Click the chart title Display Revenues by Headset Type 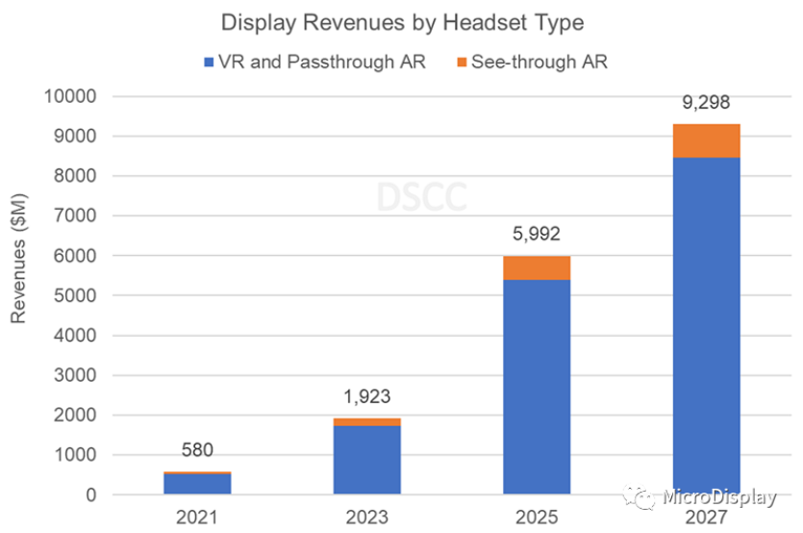[401, 22]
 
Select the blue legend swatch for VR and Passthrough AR [209, 63]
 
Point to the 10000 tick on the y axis [71, 96]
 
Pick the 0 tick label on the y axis [91, 495]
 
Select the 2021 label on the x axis [197, 519]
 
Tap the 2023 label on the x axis [366, 519]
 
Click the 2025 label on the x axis [537, 519]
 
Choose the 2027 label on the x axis [706, 519]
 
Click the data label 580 [197, 449]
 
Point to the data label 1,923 [366, 396]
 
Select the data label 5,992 [537, 234]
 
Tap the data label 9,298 [706, 103]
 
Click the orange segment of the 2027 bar [706, 140]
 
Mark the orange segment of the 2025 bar [537, 267]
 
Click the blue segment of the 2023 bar [366, 460]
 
